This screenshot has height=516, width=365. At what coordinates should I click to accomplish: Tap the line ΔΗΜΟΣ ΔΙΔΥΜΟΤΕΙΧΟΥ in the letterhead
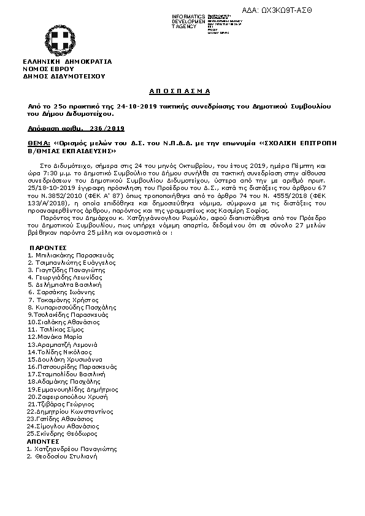64,76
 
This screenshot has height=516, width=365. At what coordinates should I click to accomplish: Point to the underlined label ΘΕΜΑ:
38,142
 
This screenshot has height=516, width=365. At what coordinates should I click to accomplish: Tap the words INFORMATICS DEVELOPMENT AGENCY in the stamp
189,21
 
